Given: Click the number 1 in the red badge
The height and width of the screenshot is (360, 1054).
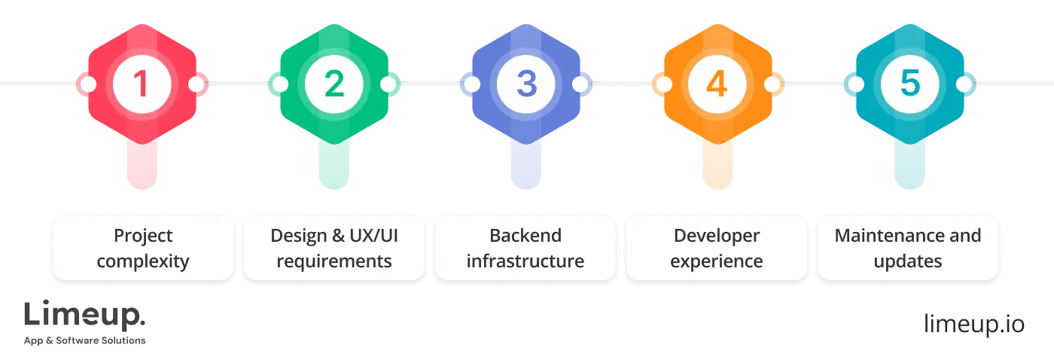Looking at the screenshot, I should (142, 84).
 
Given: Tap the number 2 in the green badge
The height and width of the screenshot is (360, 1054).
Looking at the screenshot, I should (334, 84).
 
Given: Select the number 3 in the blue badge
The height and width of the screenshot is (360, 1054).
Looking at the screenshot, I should (526, 84).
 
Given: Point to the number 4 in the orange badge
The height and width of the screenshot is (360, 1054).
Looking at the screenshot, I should (717, 84).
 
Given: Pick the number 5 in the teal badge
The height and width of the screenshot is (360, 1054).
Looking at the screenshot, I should (909, 84).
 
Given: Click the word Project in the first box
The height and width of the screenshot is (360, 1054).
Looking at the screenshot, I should (143, 236).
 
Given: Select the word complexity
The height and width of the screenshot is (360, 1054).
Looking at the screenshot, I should (143, 262).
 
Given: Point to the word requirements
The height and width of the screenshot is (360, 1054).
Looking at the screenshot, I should (334, 262).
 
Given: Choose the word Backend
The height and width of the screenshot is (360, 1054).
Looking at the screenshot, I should (525, 236).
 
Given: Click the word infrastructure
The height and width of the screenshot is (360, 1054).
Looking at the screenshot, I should (525, 262).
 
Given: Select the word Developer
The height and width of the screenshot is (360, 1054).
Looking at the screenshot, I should (717, 236).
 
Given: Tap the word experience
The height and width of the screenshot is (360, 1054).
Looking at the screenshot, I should (717, 262).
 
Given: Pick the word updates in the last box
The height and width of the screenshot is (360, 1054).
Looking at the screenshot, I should (908, 262).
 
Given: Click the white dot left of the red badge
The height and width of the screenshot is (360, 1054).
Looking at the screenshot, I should (88, 84).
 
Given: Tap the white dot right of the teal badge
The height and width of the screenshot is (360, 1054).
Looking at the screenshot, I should (964, 84).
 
